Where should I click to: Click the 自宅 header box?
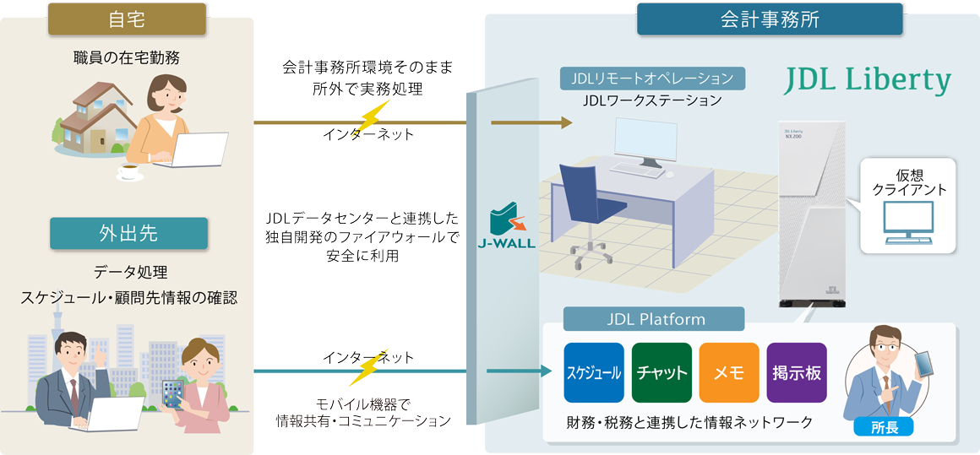point(128,19)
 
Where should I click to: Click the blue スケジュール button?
point(593,372)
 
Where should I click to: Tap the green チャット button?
point(661,372)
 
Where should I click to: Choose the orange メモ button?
point(728,372)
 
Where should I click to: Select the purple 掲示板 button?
point(796,372)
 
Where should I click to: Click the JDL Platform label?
point(655,319)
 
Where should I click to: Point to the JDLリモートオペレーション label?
point(653,79)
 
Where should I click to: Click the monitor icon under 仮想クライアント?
point(908,222)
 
